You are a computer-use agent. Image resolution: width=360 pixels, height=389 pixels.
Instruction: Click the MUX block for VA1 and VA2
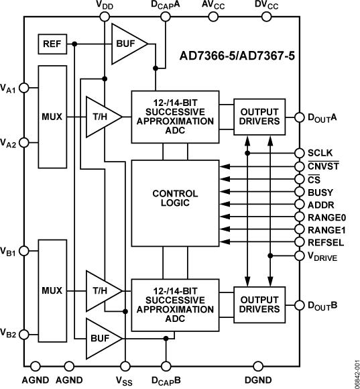tap(52, 117)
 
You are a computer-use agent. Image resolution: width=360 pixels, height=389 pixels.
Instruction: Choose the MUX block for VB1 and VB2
tap(52, 292)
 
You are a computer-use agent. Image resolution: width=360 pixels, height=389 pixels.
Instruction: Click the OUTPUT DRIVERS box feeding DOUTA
tap(258, 117)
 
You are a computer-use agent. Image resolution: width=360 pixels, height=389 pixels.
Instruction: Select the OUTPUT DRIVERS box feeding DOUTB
tap(258, 303)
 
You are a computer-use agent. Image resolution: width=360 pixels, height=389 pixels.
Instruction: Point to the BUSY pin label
tap(321, 191)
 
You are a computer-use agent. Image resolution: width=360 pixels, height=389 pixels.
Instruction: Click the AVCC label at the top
tap(213, 7)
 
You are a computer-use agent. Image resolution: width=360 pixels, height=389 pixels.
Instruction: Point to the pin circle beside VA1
tap(24, 87)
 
